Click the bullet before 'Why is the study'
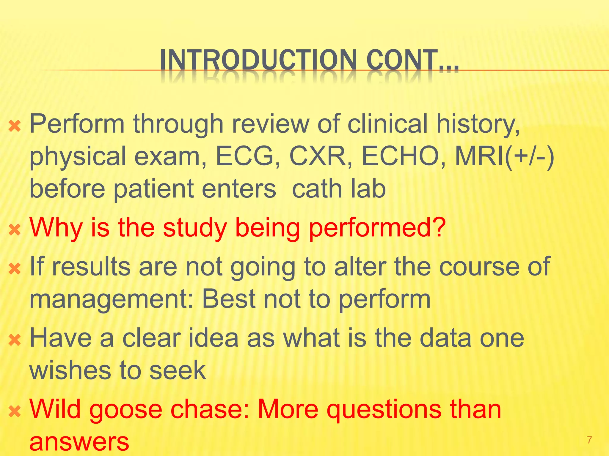pos(15,230)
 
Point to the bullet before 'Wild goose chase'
pos(15,412)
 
